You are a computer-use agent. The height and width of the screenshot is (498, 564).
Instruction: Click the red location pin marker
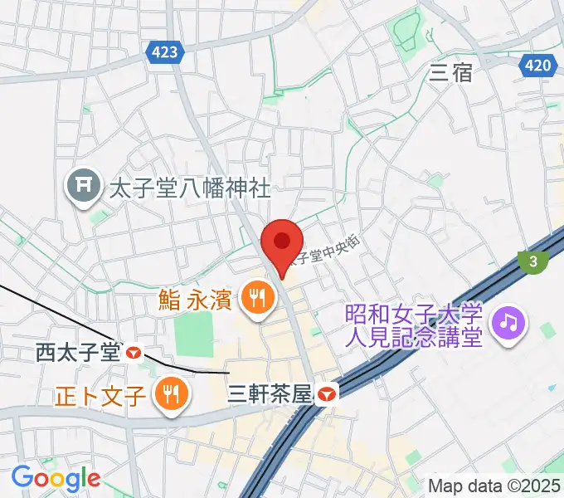click(281, 243)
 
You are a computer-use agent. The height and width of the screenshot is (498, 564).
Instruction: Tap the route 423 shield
click(165, 52)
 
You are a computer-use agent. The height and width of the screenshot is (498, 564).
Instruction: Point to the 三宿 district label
click(451, 72)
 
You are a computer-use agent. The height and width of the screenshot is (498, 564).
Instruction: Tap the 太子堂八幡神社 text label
click(190, 188)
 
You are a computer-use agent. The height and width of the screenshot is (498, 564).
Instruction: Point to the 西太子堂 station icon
click(134, 353)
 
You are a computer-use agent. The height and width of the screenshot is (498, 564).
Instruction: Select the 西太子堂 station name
click(78, 353)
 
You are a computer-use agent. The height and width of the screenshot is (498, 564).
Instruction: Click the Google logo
click(56, 478)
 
